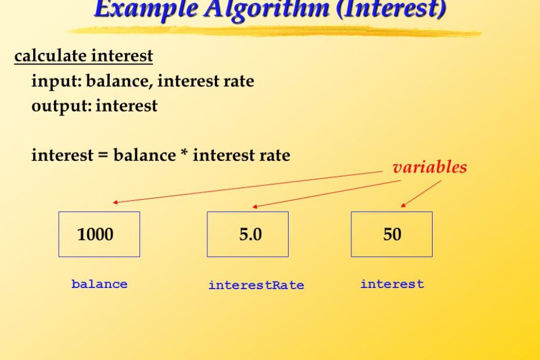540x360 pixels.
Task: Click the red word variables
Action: [x=430, y=167]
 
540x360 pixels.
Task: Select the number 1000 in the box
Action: [x=95, y=234]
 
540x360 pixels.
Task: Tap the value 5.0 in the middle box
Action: [x=250, y=234]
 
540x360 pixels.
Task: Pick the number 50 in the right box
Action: [x=392, y=234]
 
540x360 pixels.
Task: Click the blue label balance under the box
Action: [x=99, y=284]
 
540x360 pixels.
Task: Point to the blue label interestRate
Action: [x=256, y=285]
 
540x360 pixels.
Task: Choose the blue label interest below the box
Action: [x=392, y=284]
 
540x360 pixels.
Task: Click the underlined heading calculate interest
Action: [x=84, y=56]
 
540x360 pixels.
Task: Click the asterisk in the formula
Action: [x=184, y=153]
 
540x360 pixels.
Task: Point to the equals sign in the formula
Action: [x=103, y=156]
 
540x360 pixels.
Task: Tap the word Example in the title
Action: [x=146, y=9]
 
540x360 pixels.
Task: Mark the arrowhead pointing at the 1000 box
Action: [x=116, y=203]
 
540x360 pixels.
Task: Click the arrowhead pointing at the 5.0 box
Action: [x=255, y=207]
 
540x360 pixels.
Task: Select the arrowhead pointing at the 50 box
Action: [x=404, y=206]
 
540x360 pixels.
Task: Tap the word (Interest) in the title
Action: [x=391, y=9]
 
